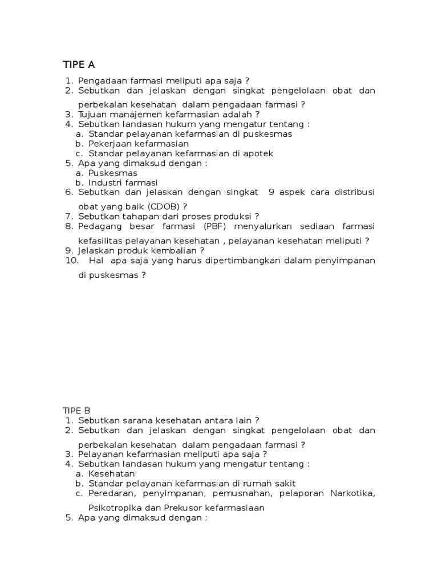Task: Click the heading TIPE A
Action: click(79, 63)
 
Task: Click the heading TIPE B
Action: click(76, 410)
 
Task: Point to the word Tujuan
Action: click(93, 113)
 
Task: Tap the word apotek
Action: click(259, 153)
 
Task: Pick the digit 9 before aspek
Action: click(271, 192)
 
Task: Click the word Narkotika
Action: click(352, 493)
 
